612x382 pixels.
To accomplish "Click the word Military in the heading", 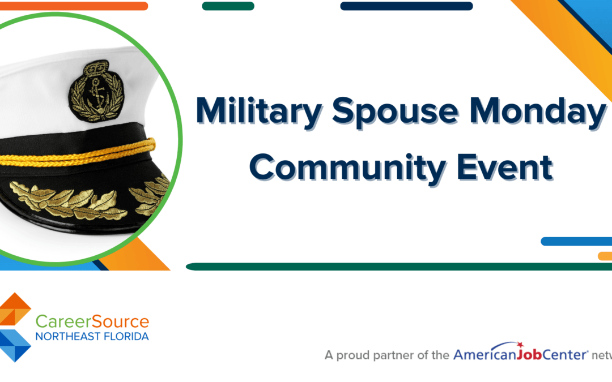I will (x=258, y=111).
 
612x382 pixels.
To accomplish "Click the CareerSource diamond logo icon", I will (x=15, y=327).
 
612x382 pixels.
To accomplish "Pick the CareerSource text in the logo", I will (x=92, y=322).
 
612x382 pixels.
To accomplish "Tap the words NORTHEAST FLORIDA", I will (x=92, y=337).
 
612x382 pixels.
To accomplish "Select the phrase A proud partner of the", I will (x=387, y=355).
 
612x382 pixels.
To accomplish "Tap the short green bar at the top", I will (x=228, y=6).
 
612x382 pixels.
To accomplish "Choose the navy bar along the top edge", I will (x=406, y=6).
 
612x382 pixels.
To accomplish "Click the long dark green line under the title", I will (x=397, y=267).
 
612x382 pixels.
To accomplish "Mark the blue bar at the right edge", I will (x=576, y=242).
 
